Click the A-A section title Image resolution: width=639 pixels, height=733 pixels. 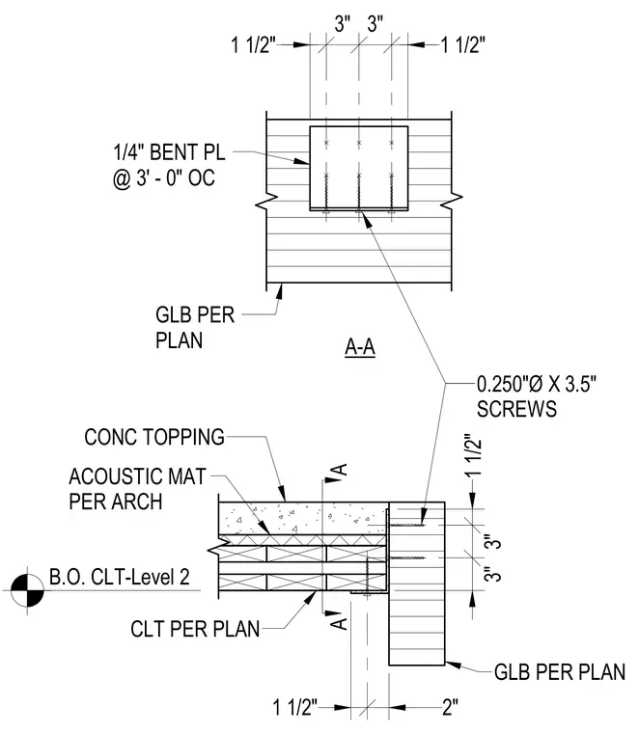360,347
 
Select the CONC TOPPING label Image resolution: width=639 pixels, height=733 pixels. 154,437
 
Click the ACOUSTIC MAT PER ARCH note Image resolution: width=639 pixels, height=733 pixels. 137,489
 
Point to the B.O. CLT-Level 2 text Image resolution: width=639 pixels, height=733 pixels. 120,577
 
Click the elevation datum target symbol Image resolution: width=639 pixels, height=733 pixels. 27,590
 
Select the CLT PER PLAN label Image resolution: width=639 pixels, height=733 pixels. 195,629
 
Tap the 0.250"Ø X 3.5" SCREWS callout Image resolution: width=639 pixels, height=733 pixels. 537,396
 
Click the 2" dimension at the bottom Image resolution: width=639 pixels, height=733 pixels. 450,707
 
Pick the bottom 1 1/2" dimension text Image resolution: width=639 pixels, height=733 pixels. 295,707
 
